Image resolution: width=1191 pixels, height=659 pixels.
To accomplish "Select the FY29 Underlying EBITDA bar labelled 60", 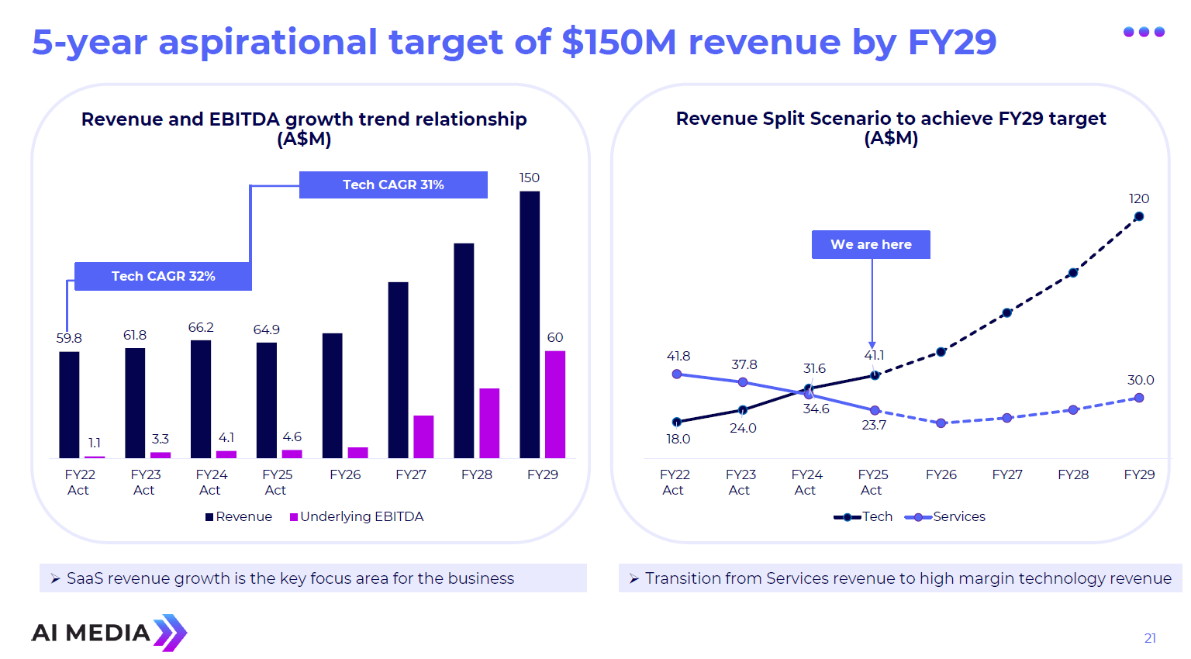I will tap(555, 404).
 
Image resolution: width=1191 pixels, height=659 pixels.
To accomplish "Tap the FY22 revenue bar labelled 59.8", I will tap(69, 405).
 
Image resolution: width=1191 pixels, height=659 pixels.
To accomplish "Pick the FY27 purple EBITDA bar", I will tap(423, 436).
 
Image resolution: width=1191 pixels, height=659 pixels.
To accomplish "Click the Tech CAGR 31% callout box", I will tap(393, 185).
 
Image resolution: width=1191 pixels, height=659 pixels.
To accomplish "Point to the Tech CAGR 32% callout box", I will tap(163, 276).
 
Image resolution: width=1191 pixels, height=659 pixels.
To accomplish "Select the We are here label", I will tap(871, 244).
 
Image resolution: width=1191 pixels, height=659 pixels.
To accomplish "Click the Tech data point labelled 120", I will tap(1138, 217).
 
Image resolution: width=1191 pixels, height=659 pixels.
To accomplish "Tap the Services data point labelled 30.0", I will tap(1138, 398).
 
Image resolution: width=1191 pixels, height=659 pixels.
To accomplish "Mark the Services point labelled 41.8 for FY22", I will tap(677, 374).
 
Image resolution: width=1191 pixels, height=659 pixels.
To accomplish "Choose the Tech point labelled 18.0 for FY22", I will tap(677, 422).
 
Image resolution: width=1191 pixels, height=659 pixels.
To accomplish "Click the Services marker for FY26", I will tap(941, 423).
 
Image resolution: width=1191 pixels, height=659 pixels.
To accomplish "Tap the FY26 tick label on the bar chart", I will tap(345, 474).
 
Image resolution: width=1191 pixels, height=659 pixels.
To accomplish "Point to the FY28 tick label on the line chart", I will tap(1073, 474).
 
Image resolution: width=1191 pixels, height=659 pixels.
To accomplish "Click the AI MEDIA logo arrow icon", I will tap(171, 633).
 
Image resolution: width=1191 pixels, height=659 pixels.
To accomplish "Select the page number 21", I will tap(1150, 638).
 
